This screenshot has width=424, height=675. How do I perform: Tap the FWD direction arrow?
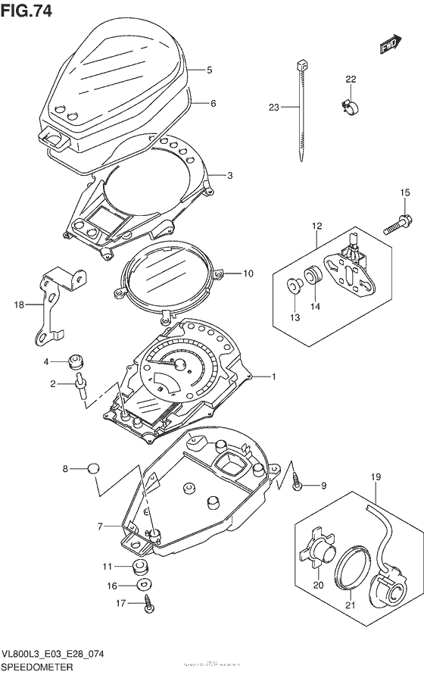(390, 45)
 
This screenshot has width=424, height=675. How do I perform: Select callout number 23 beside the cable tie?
(274, 108)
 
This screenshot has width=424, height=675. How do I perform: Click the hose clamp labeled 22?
(349, 109)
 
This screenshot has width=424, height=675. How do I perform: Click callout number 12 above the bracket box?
(316, 226)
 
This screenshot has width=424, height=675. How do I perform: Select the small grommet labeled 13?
(294, 285)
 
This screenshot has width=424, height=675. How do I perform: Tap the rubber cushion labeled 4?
(76, 359)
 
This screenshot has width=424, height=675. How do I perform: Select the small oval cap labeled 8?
(93, 469)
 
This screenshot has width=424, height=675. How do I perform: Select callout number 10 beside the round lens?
(248, 273)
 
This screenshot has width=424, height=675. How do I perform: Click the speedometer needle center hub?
(181, 365)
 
